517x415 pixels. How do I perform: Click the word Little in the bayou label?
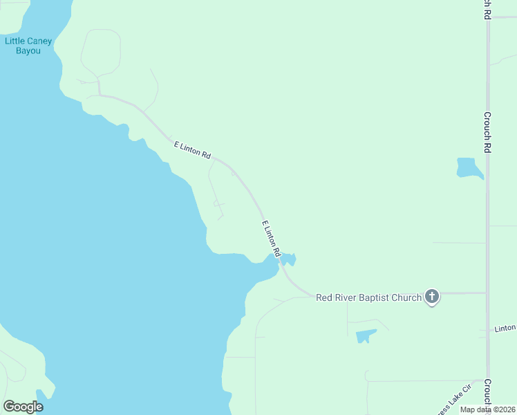(x=15, y=41)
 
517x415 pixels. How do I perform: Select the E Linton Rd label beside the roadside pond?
(x=270, y=239)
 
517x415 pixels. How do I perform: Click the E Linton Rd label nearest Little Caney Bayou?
(x=192, y=150)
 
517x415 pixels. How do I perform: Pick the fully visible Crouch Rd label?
(x=487, y=132)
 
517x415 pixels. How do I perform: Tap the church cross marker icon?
(x=432, y=297)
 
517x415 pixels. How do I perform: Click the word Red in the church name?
(x=325, y=298)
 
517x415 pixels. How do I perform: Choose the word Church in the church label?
(x=408, y=298)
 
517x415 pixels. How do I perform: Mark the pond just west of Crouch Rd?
(x=469, y=168)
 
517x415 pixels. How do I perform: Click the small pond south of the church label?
(x=365, y=336)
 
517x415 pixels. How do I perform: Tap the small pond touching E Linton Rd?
(x=287, y=259)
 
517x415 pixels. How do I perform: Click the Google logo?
(x=23, y=407)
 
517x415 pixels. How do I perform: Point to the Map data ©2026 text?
(x=487, y=409)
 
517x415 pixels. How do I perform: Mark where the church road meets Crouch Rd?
(x=487, y=293)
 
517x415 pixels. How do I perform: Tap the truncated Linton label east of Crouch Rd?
(x=505, y=329)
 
